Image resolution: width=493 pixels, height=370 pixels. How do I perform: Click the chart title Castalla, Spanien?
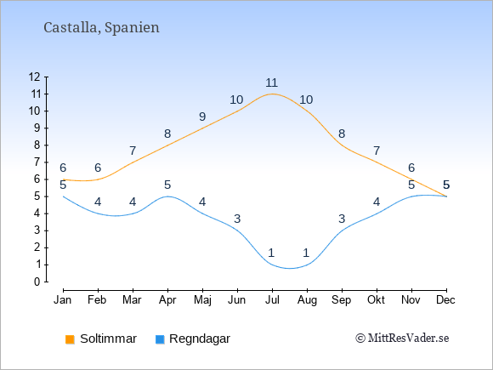[101, 28]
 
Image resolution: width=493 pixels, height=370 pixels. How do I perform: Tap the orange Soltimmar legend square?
[70, 339]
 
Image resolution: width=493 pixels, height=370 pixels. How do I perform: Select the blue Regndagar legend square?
[160, 339]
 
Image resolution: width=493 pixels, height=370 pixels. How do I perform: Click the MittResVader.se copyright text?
[402, 339]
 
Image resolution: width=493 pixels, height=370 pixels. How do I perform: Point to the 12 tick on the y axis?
[34, 77]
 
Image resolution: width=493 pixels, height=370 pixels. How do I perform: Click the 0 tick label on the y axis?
[37, 282]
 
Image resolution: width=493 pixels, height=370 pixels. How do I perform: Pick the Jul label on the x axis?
[272, 300]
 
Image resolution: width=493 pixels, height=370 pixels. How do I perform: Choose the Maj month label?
[202, 300]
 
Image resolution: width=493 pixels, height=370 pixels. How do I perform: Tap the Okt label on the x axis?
[377, 300]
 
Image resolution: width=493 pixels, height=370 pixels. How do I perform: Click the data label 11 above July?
[272, 83]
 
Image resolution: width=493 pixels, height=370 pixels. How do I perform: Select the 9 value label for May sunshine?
[202, 117]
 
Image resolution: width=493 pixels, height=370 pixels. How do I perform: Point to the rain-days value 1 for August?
[307, 253]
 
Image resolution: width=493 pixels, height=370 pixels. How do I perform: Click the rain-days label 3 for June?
[237, 219]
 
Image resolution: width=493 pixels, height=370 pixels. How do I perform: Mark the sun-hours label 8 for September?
[342, 134]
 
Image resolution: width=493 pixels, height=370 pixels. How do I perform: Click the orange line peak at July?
[272, 94]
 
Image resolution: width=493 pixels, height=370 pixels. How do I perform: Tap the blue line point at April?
[167, 196]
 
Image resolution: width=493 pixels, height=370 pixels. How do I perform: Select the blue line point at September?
[342, 231]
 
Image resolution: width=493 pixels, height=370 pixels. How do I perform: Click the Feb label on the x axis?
[97, 300]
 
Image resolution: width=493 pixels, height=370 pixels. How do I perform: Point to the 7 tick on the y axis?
[37, 162]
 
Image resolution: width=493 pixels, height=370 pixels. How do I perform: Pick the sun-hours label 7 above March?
[133, 151]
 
